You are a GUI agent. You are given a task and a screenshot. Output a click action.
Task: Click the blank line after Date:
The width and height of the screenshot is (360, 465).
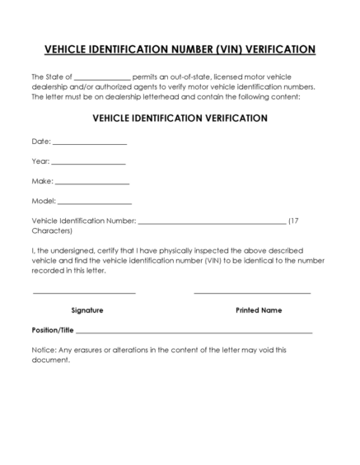coord(90,144)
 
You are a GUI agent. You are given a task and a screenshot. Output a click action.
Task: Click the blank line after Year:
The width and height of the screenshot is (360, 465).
coord(88,164)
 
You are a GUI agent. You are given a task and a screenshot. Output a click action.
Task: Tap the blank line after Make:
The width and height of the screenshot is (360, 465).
coord(92,184)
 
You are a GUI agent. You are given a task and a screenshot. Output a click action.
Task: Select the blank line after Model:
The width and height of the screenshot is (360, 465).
coord(95,203)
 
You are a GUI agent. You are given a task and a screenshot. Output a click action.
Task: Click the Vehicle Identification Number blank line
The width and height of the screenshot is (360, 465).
coord(212,223)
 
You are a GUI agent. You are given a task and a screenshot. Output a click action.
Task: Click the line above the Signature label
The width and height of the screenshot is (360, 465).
coord(84,292)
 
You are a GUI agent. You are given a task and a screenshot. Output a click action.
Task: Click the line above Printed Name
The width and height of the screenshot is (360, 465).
coord(252,292)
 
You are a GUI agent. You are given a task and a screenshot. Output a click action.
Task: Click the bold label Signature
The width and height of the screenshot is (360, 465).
coord(87,310)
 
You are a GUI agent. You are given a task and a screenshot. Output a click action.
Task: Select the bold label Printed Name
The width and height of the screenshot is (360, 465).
coord(259,310)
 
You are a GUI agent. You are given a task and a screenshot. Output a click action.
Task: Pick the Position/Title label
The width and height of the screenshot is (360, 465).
coord(53,330)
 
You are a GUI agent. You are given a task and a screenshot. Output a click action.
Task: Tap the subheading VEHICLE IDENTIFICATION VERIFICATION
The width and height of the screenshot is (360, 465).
coord(180,119)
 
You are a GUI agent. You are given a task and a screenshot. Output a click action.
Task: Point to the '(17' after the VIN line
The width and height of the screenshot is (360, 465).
coord(298,221)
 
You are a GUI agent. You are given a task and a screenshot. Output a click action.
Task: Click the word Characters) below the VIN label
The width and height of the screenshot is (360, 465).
coord(52,231)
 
